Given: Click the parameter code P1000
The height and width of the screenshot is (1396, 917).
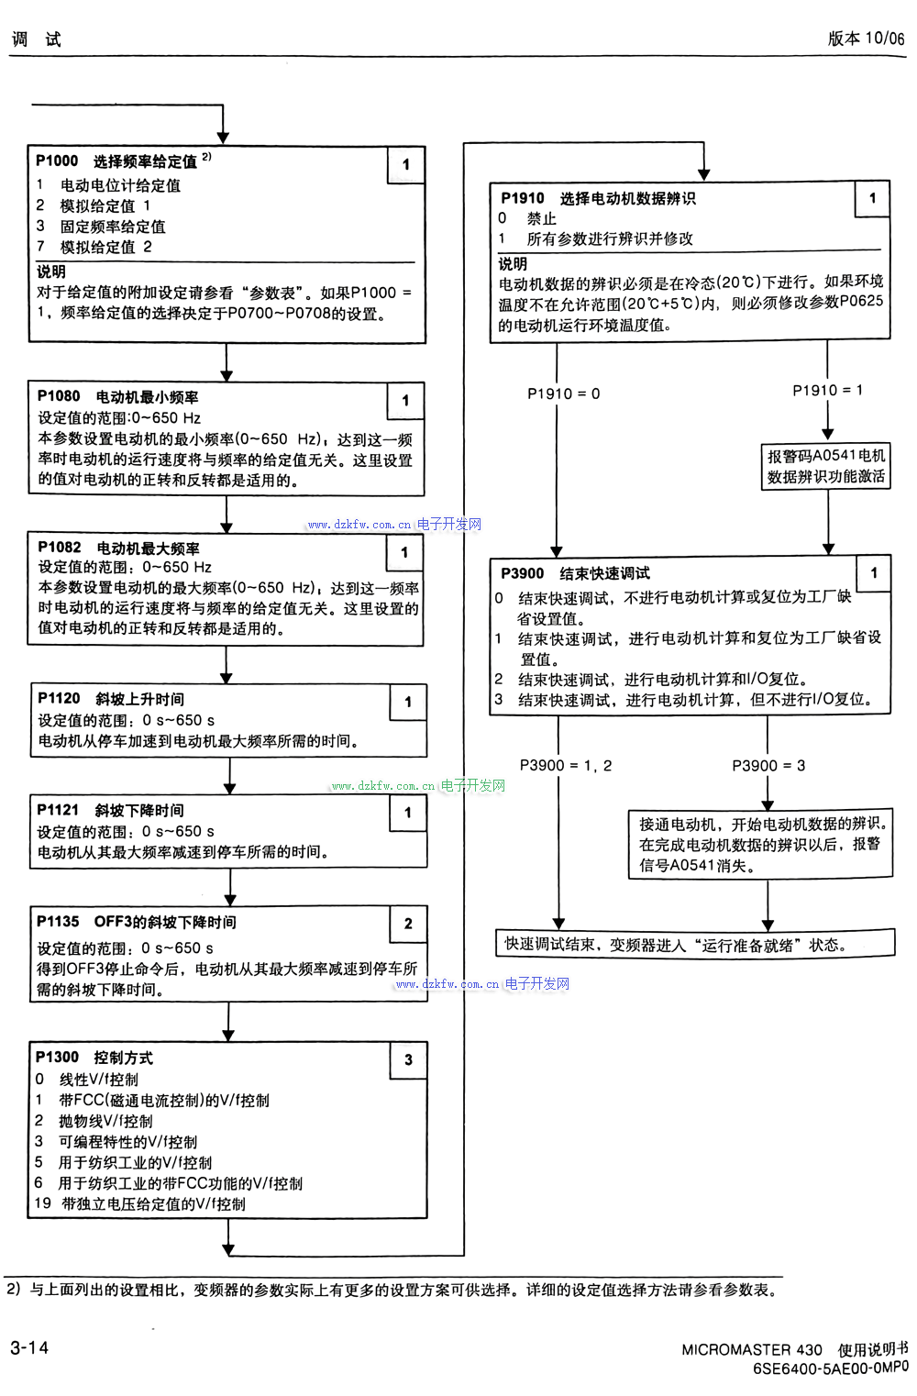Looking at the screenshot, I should point(57,161).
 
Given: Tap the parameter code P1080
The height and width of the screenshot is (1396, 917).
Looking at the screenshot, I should point(59,396).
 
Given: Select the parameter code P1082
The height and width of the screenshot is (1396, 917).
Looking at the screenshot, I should point(60,548).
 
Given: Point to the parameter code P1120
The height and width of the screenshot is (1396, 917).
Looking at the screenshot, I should point(59,699).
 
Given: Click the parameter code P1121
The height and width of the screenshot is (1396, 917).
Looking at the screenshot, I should point(58,810).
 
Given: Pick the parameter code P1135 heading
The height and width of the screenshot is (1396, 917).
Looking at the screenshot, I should point(58,922).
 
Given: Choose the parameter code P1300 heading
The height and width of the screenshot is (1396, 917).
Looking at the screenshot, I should point(57,1058).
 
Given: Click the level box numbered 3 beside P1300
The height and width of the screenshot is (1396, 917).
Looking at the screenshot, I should point(408,1059).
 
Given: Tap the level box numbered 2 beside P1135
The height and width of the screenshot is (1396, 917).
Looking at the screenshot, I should point(408,924).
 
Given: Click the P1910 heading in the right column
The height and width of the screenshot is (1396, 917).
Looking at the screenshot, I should point(523,198).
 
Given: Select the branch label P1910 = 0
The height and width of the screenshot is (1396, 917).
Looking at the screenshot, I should point(563,393).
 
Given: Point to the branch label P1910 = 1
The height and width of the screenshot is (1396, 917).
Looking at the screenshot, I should point(827,391).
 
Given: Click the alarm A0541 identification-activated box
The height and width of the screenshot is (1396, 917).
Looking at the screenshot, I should point(826,466).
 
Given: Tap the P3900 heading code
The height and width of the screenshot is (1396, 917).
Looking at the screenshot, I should point(523,573).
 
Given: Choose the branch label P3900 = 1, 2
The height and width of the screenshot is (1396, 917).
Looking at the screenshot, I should point(565,765).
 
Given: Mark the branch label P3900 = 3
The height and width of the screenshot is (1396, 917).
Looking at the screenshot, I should point(768,765).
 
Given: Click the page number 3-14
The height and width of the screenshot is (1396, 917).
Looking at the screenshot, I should point(29,1347).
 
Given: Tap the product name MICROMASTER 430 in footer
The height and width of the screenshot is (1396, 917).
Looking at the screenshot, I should point(752,1349).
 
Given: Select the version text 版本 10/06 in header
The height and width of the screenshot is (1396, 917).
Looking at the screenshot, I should point(866,39).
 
